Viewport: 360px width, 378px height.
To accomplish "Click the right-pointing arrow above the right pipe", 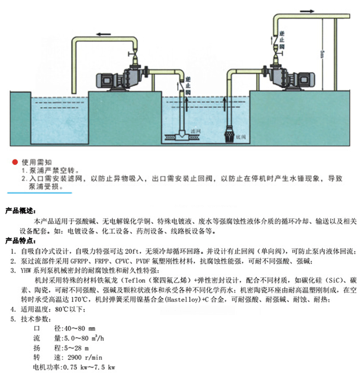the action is coord(308,10).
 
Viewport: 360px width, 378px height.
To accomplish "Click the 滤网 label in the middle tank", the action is coord(195,131).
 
